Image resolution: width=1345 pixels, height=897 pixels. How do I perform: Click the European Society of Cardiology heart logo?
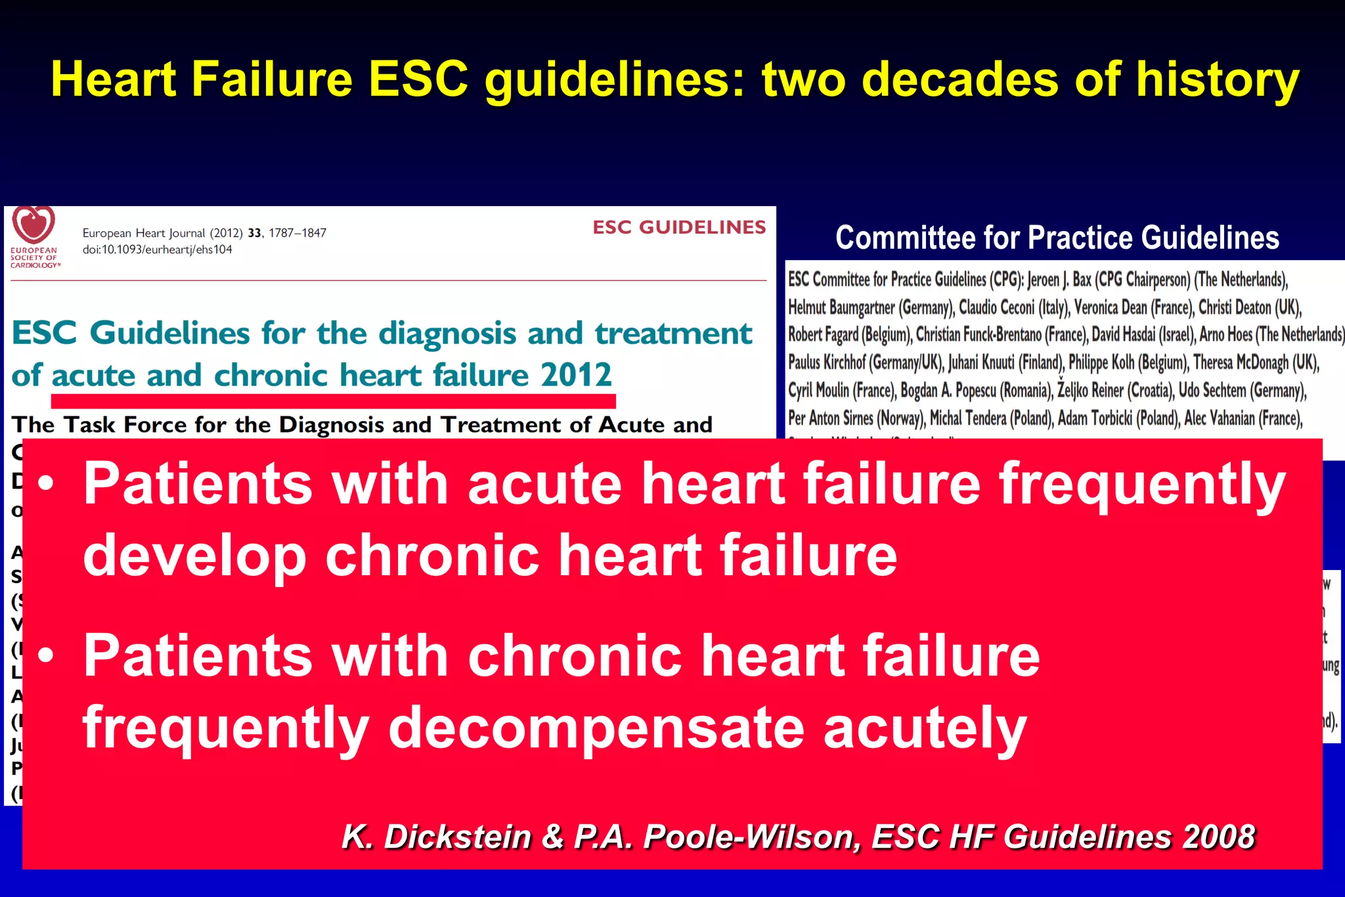(x=34, y=225)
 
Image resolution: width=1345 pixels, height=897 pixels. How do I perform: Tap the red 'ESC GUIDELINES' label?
(x=679, y=227)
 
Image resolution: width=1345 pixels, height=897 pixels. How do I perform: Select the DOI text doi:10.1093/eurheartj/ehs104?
(x=158, y=250)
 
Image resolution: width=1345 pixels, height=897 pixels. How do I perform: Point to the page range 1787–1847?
(x=298, y=233)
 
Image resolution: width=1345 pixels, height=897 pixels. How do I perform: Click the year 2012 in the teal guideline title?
(x=577, y=375)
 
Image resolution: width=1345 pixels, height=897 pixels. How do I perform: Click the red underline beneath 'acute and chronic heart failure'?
(x=333, y=400)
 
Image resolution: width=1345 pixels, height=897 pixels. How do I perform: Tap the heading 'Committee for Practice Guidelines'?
(x=1057, y=238)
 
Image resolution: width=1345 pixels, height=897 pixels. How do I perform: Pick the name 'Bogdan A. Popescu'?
(x=948, y=391)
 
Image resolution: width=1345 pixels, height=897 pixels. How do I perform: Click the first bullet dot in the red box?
(x=46, y=484)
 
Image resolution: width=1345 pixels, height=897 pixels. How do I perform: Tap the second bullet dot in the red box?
(x=46, y=656)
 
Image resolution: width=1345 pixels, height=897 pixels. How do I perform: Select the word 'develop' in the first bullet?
(x=194, y=556)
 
